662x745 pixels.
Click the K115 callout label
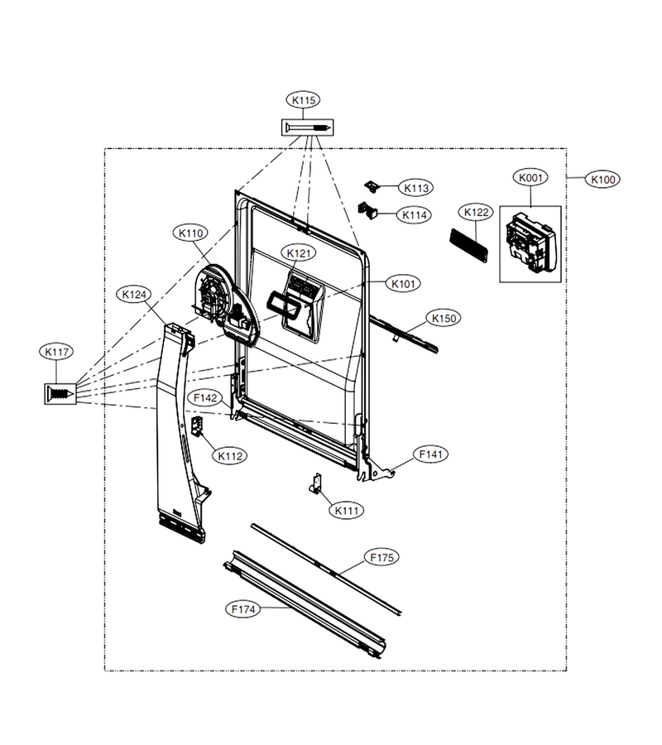303,100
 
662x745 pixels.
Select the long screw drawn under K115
308,127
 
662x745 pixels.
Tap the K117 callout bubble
56,352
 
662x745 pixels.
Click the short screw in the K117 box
60,393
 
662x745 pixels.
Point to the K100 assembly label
603,180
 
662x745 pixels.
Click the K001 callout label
530,178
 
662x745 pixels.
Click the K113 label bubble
416,188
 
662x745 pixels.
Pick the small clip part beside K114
368,210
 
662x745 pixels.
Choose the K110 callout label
190,233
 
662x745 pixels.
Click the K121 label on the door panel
299,253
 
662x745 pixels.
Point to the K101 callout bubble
403,284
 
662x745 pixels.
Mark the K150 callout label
444,319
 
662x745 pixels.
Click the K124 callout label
134,295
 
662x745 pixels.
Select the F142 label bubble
205,398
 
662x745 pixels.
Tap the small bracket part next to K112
197,425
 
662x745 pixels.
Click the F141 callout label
431,454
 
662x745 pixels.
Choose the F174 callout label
243,609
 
